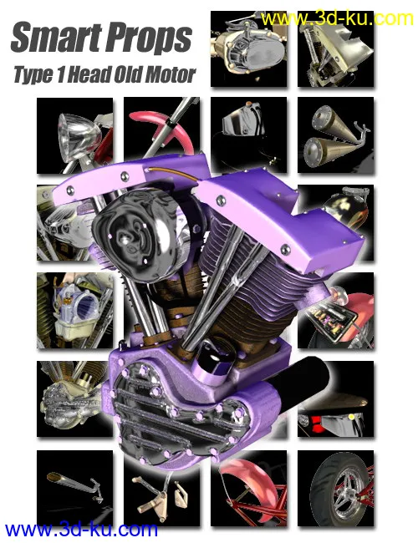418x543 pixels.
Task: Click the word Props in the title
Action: (148, 38)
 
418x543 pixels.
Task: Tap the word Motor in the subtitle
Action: (172, 74)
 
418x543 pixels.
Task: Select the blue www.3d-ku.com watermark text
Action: (81, 529)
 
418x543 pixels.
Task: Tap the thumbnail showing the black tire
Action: (335, 489)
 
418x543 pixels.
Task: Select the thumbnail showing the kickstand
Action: (74, 489)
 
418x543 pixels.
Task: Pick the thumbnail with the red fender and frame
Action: (248, 489)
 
